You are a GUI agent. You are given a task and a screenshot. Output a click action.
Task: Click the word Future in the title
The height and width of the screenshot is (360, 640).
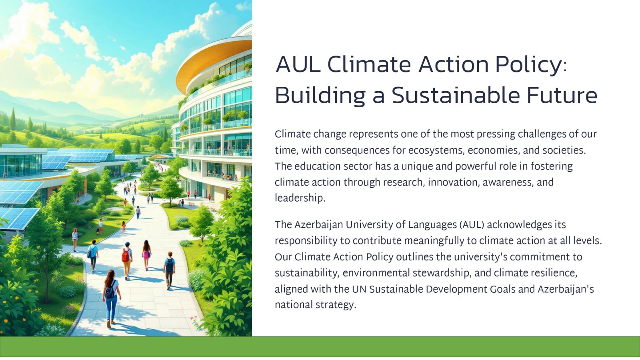562,95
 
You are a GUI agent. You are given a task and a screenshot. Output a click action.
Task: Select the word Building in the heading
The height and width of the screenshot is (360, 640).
320,96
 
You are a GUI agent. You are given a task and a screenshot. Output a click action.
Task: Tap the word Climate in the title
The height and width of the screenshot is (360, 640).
369,64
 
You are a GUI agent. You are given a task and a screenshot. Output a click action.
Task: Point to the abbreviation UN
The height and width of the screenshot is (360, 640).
359,289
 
